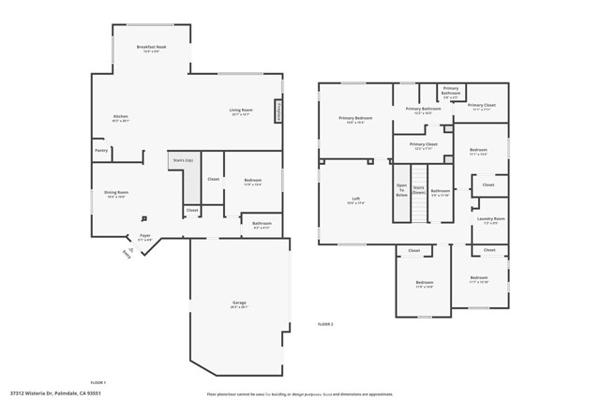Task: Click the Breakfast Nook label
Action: [151, 47]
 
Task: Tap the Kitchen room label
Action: [121, 116]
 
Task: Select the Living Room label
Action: [241, 110]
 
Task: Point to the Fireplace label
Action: [278, 111]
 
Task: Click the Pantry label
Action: [101, 150]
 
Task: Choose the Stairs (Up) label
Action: [182, 160]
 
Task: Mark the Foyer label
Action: [144, 235]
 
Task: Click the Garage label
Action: [239, 303]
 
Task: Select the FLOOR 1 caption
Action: [97, 382]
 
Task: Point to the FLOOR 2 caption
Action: [325, 323]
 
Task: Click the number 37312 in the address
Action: [18, 393]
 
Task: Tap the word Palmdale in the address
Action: [67, 393]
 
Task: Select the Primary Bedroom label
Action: [355, 118]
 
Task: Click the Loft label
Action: [355, 198]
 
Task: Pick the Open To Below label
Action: [401, 190]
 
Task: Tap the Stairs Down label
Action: [419, 190]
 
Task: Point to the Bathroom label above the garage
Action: [262, 223]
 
